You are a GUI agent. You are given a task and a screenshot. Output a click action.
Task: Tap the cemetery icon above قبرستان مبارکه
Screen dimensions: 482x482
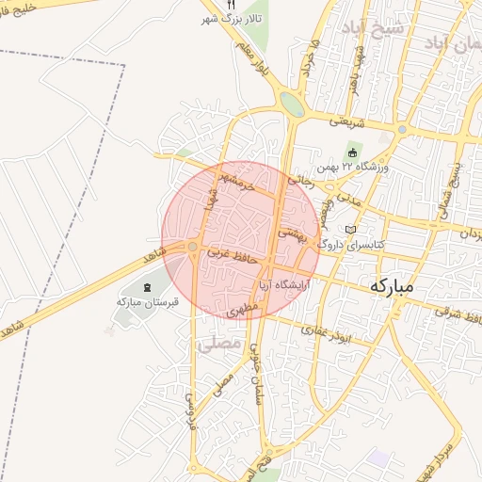pos(146,286)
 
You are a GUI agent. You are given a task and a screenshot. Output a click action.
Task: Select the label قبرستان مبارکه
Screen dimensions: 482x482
pos(142,301)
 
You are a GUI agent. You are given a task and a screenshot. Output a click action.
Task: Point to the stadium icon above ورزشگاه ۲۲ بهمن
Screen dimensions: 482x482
pos(353,153)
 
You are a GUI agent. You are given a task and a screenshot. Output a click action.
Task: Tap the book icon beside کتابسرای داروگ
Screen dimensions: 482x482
pos(351,230)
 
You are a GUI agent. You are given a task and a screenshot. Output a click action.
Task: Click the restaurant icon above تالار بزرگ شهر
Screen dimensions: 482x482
pos(231,5)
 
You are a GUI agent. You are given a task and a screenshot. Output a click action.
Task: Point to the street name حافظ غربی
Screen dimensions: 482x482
pos(232,254)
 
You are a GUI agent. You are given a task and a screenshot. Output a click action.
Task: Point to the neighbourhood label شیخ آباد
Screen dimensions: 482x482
pos(375,27)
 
